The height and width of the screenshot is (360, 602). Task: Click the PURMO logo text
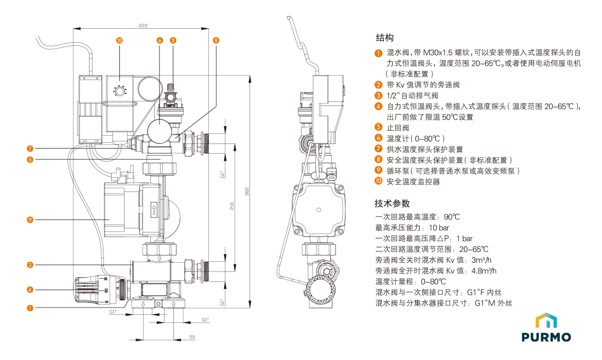[546, 337]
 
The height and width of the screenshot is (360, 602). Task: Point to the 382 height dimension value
[247, 191]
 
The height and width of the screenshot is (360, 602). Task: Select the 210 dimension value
[232, 206]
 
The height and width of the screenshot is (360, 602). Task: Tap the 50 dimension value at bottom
[191, 337]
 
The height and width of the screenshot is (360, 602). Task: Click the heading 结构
[385, 38]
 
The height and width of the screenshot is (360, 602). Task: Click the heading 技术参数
[393, 203]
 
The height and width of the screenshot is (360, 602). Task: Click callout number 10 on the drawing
[119, 40]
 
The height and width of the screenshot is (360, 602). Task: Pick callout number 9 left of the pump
[30, 220]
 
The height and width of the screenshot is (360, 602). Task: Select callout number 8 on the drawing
[216, 40]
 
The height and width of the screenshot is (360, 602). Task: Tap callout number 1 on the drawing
[30, 308]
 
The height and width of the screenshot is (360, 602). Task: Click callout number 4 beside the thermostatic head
[30, 290]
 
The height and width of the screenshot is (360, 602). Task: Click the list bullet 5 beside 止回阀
[379, 128]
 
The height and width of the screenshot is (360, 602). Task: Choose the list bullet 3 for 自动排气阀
[379, 96]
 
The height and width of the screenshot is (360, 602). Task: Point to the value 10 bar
[439, 228]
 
